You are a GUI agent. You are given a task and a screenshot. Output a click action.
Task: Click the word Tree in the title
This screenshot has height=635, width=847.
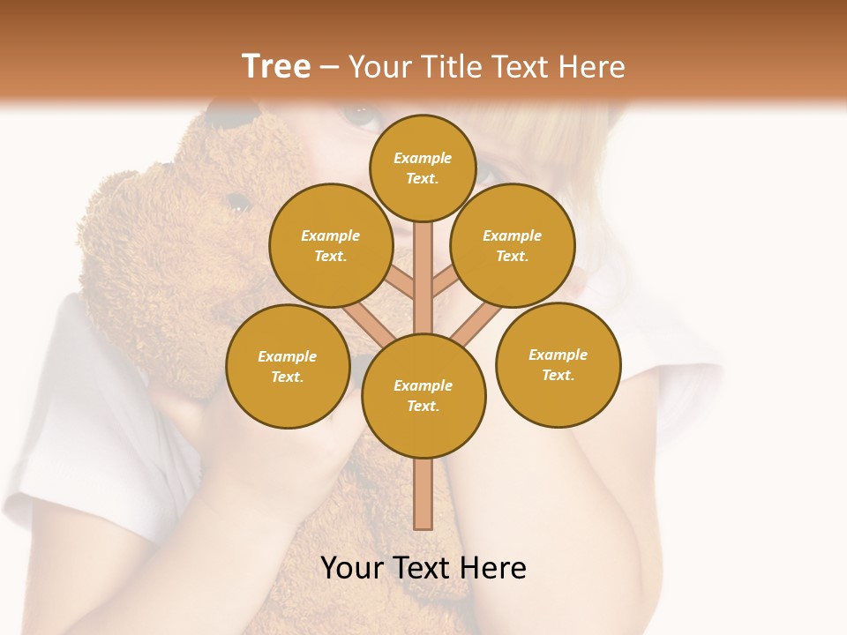(276, 67)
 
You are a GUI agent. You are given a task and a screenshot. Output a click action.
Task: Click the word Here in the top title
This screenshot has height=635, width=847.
(592, 67)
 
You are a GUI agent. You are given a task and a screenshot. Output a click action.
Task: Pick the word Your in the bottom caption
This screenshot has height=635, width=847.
(353, 568)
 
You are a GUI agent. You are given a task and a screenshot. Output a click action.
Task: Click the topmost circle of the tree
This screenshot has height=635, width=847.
(423, 168)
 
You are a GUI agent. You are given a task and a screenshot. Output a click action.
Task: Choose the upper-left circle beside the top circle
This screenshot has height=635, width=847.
(331, 245)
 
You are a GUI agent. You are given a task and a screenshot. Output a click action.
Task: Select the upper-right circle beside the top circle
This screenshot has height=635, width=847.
(513, 245)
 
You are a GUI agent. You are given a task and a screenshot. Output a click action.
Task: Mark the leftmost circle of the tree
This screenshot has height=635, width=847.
(288, 366)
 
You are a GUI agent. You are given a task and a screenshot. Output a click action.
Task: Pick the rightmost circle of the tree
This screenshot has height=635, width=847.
(558, 364)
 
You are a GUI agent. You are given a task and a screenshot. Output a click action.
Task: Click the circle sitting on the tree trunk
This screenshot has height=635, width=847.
(423, 395)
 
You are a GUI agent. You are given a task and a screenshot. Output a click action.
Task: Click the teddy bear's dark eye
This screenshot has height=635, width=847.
(237, 202)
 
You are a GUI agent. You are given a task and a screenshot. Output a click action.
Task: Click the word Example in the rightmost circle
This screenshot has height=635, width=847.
(558, 355)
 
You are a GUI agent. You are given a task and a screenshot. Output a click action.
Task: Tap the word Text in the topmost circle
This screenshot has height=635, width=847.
(422, 178)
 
